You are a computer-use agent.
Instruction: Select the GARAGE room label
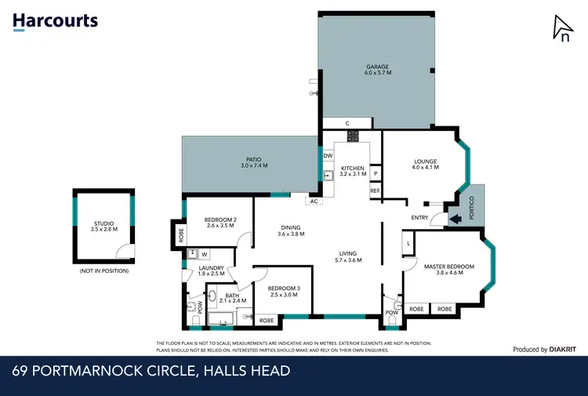pos(377,70)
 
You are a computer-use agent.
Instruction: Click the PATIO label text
pos(254,163)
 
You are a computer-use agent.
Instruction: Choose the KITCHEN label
pos(353,171)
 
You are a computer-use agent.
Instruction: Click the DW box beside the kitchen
pos(328,156)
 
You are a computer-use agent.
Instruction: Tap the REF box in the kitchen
pos(375,191)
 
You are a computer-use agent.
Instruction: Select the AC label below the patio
pos(314,202)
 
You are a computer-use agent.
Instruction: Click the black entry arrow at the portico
pos(454,220)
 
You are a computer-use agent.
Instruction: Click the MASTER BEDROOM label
pos(449,270)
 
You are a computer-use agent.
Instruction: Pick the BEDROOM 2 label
pos(220,223)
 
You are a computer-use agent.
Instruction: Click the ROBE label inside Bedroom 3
pos(267,320)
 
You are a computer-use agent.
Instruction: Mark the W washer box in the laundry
pos(205,253)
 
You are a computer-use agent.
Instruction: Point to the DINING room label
pos(291,231)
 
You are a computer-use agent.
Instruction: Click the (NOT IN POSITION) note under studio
pos(103,271)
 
